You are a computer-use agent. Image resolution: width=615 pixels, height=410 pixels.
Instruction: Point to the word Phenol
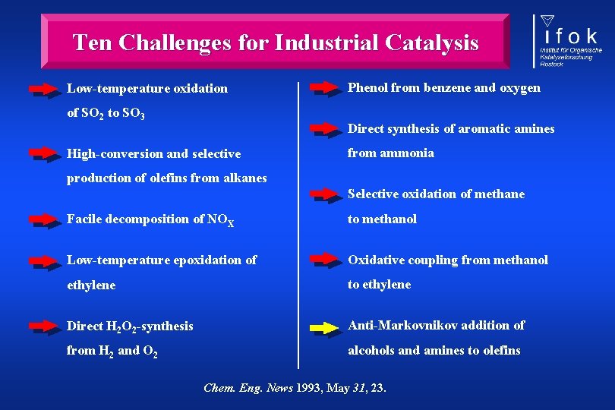[367, 87]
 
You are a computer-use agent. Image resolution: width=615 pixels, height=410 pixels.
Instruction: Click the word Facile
[85, 219]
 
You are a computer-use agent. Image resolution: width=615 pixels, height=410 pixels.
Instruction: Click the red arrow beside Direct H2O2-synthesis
[46, 327]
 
